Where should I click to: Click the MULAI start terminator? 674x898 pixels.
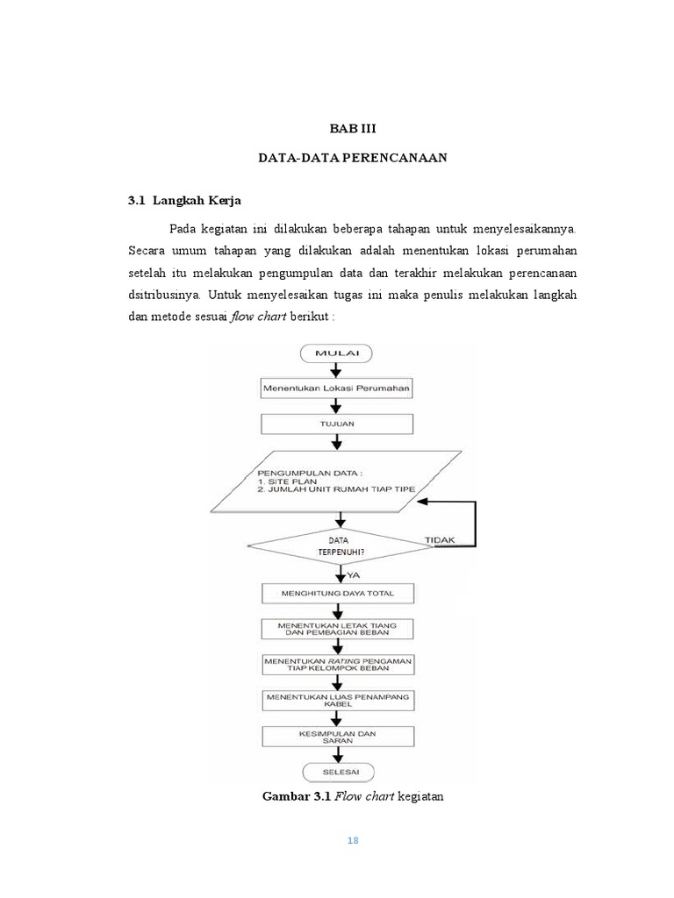tap(337, 354)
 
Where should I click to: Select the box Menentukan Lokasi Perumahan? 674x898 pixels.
tap(337, 387)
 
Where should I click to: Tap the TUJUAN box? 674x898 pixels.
tap(337, 423)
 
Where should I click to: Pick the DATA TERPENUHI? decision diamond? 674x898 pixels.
tap(337, 546)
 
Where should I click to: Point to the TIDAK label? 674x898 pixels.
tap(440, 540)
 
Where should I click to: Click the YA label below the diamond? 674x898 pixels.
tap(355, 574)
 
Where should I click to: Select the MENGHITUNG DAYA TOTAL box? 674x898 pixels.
tap(337, 595)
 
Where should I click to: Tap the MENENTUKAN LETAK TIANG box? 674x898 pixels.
tap(337, 628)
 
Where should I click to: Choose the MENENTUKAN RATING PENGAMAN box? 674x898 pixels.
tap(337, 663)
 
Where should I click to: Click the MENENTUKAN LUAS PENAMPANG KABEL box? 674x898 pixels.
tap(337, 700)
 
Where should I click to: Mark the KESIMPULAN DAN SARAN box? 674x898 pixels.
tap(337, 736)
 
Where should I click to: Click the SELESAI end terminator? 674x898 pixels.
tap(337, 771)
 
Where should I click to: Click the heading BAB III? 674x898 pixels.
tap(352, 129)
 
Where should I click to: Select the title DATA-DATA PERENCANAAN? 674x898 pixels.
tap(352, 158)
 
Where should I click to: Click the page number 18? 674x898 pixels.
tap(353, 840)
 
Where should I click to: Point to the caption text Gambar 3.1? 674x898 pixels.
tap(294, 796)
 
